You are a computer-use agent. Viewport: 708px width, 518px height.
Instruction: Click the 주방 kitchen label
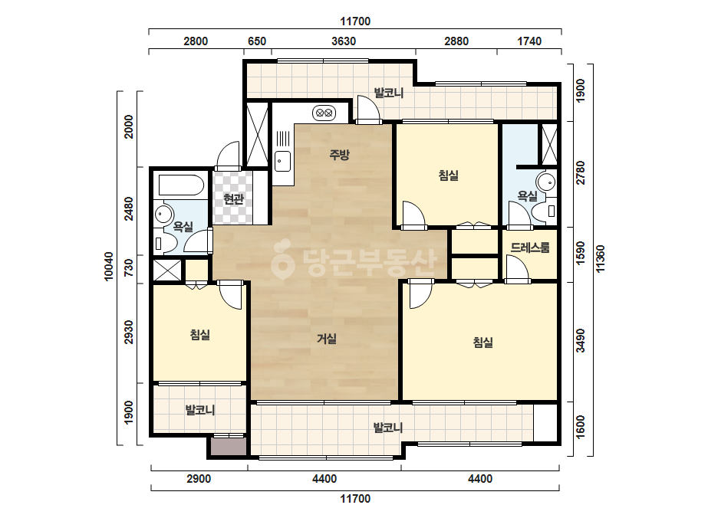point(339,155)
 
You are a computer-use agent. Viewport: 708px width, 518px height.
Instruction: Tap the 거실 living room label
point(327,338)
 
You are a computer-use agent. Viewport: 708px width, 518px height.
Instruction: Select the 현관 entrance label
point(233,198)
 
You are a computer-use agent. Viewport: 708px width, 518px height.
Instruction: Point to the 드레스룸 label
point(530,248)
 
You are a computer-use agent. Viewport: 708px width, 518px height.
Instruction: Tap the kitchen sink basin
point(282,161)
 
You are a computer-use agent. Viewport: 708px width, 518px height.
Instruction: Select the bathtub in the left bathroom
point(182,185)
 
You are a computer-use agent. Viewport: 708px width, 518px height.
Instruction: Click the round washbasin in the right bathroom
point(546,182)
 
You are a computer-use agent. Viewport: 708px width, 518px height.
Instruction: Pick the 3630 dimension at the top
point(344,41)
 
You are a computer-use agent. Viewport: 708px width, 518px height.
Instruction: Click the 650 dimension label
point(257,41)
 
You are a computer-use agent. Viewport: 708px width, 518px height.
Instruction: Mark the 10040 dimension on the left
point(109,266)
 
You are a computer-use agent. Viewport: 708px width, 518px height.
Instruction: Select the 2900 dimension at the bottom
point(199,479)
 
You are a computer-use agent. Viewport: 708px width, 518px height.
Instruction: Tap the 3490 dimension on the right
point(581,341)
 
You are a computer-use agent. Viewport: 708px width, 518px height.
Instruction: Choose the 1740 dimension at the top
point(529,41)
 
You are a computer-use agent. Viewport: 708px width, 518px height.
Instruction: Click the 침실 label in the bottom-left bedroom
point(200,334)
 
